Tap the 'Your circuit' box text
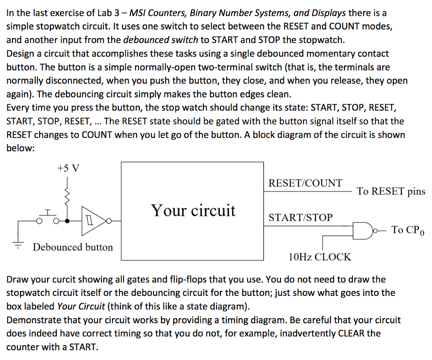tap(193, 210)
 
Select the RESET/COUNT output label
tap(305, 183)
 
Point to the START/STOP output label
tap(300, 218)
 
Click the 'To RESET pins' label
tap(391, 191)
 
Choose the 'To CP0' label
tap(408, 230)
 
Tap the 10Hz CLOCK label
tap(320, 256)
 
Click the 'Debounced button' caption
tap(73, 247)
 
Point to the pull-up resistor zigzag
tap(66, 196)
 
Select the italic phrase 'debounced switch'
tap(161, 40)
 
